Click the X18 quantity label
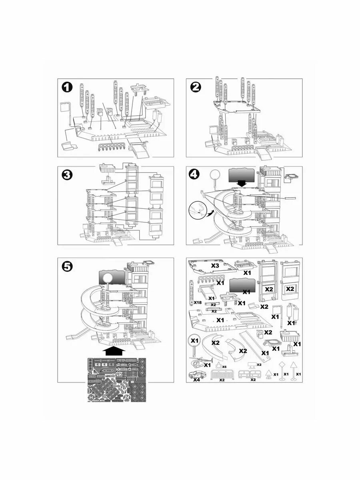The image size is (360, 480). pyautogui.click(x=197, y=302)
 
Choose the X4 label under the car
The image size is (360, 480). pyautogui.click(x=196, y=380)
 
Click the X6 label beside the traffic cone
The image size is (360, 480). pyautogui.click(x=224, y=367)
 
